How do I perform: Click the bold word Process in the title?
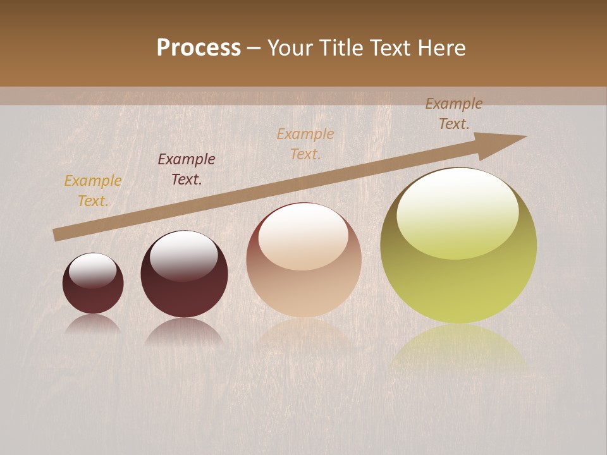199,47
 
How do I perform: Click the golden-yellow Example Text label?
92,191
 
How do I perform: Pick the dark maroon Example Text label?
186,169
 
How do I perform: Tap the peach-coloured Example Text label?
305,143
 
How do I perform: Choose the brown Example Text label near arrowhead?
453,114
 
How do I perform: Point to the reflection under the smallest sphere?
93,324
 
